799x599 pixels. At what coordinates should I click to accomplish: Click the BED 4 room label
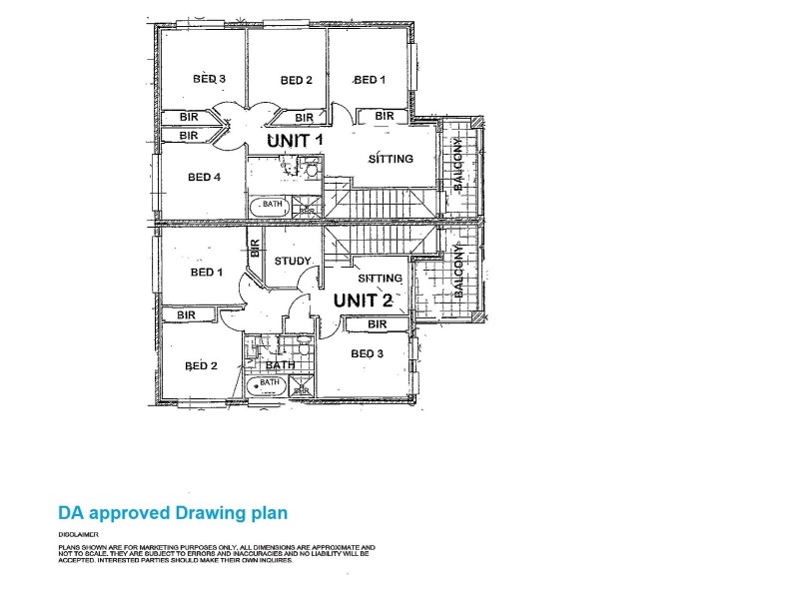pyautogui.click(x=204, y=178)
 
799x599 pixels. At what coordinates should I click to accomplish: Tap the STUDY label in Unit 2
pyautogui.click(x=293, y=262)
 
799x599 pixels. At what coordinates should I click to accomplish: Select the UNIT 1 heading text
pyautogui.click(x=295, y=142)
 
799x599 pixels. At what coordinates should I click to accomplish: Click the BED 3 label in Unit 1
pyautogui.click(x=210, y=79)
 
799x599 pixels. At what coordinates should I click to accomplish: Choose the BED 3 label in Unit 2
pyautogui.click(x=367, y=354)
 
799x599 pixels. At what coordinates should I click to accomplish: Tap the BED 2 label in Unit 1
pyautogui.click(x=297, y=81)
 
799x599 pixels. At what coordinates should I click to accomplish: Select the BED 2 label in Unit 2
pyautogui.click(x=201, y=366)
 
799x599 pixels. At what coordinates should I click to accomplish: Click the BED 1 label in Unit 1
pyautogui.click(x=370, y=81)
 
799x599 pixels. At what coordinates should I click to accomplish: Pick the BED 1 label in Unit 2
pyautogui.click(x=206, y=273)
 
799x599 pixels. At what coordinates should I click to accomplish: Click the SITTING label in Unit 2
pyautogui.click(x=380, y=279)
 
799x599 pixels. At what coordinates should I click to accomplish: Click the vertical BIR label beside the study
pyautogui.click(x=255, y=249)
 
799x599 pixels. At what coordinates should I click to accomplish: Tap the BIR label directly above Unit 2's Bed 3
pyautogui.click(x=377, y=324)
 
